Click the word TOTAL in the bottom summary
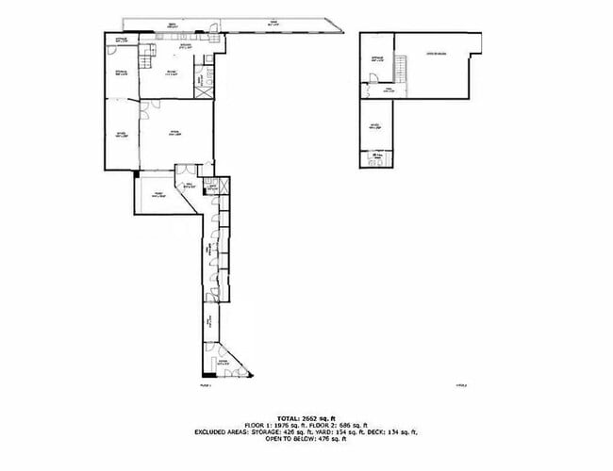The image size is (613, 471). click(286, 416)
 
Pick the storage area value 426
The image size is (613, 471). click(291, 431)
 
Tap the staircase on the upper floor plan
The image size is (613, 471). click(400, 68)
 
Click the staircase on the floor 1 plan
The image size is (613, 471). click(146, 61)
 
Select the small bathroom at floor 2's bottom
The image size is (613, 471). click(376, 156)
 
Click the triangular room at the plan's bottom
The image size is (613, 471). click(224, 363)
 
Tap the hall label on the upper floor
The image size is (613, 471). click(388, 90)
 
